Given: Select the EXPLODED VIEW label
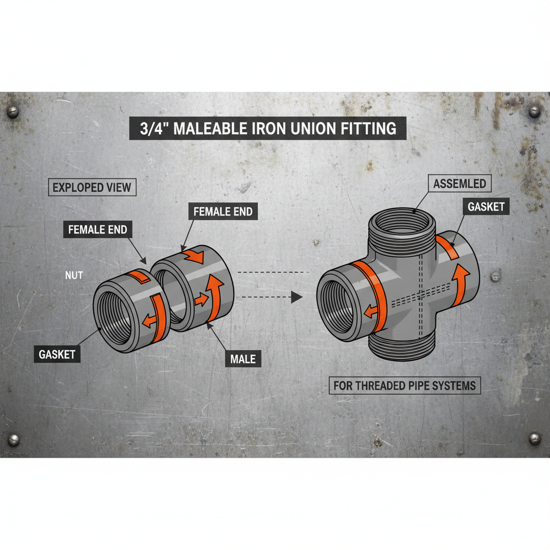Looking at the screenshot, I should pyautogui.click(x=91, y=187).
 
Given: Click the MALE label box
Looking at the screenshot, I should pyautogui.click(x=243, y=359).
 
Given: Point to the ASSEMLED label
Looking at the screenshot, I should pyautogui.click(x=459, y=184).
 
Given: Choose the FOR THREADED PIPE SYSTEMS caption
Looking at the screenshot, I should pyautogui.click(x=404, y=385).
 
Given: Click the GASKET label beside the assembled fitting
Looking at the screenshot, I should pyautogui.click(x=486, y=207).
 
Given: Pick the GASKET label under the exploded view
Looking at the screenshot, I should pyautogui.click(x=56, y=354).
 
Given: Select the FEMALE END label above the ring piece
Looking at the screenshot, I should pyautogui.click(x=222, y=211).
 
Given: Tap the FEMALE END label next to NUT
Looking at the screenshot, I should pyautogui.click(x=98, y=230).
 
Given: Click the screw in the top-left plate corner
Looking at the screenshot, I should pyautogui.click(x=12, y=112).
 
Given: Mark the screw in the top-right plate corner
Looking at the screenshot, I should pyautogui.click(x=534, y=111).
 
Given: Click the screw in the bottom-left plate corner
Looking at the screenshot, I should pyautogui.click(x=13, y=439).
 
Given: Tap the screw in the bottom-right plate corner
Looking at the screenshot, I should pyautogui.click(x=535, y=438).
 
